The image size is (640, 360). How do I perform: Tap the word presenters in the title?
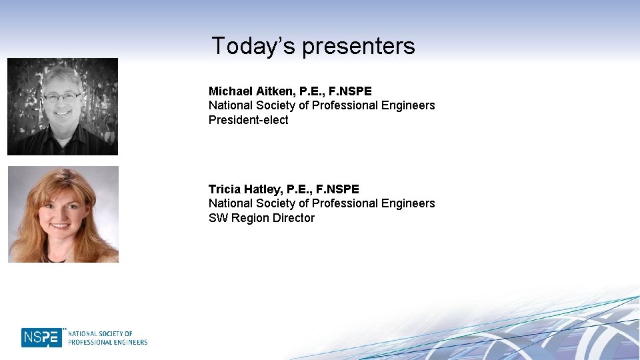[x=359, y=47]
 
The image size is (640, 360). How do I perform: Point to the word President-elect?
[x=248, y=120]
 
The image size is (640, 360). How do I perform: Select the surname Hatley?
[x=263, y=189]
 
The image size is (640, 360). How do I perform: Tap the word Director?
[x=292, y=218]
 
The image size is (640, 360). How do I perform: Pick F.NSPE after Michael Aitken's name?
[x=350, y=91]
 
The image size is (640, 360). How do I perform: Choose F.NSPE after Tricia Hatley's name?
[x=337, y=189]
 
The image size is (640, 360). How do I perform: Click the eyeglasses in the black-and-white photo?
[x=61, y=97]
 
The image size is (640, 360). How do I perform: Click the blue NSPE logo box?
[x=41, y=337]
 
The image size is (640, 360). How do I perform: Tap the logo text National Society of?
[x=100, y=333]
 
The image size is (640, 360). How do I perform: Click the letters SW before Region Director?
[x=218, y=218]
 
